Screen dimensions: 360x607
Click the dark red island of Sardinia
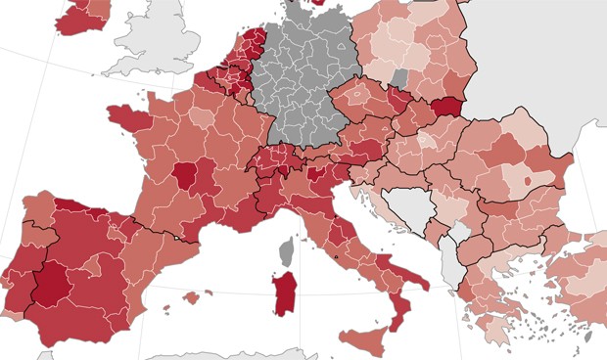point(285,292)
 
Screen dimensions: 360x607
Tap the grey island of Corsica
point(287,251)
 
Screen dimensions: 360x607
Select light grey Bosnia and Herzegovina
point(405,208)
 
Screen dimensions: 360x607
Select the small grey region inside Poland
point(399,75)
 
